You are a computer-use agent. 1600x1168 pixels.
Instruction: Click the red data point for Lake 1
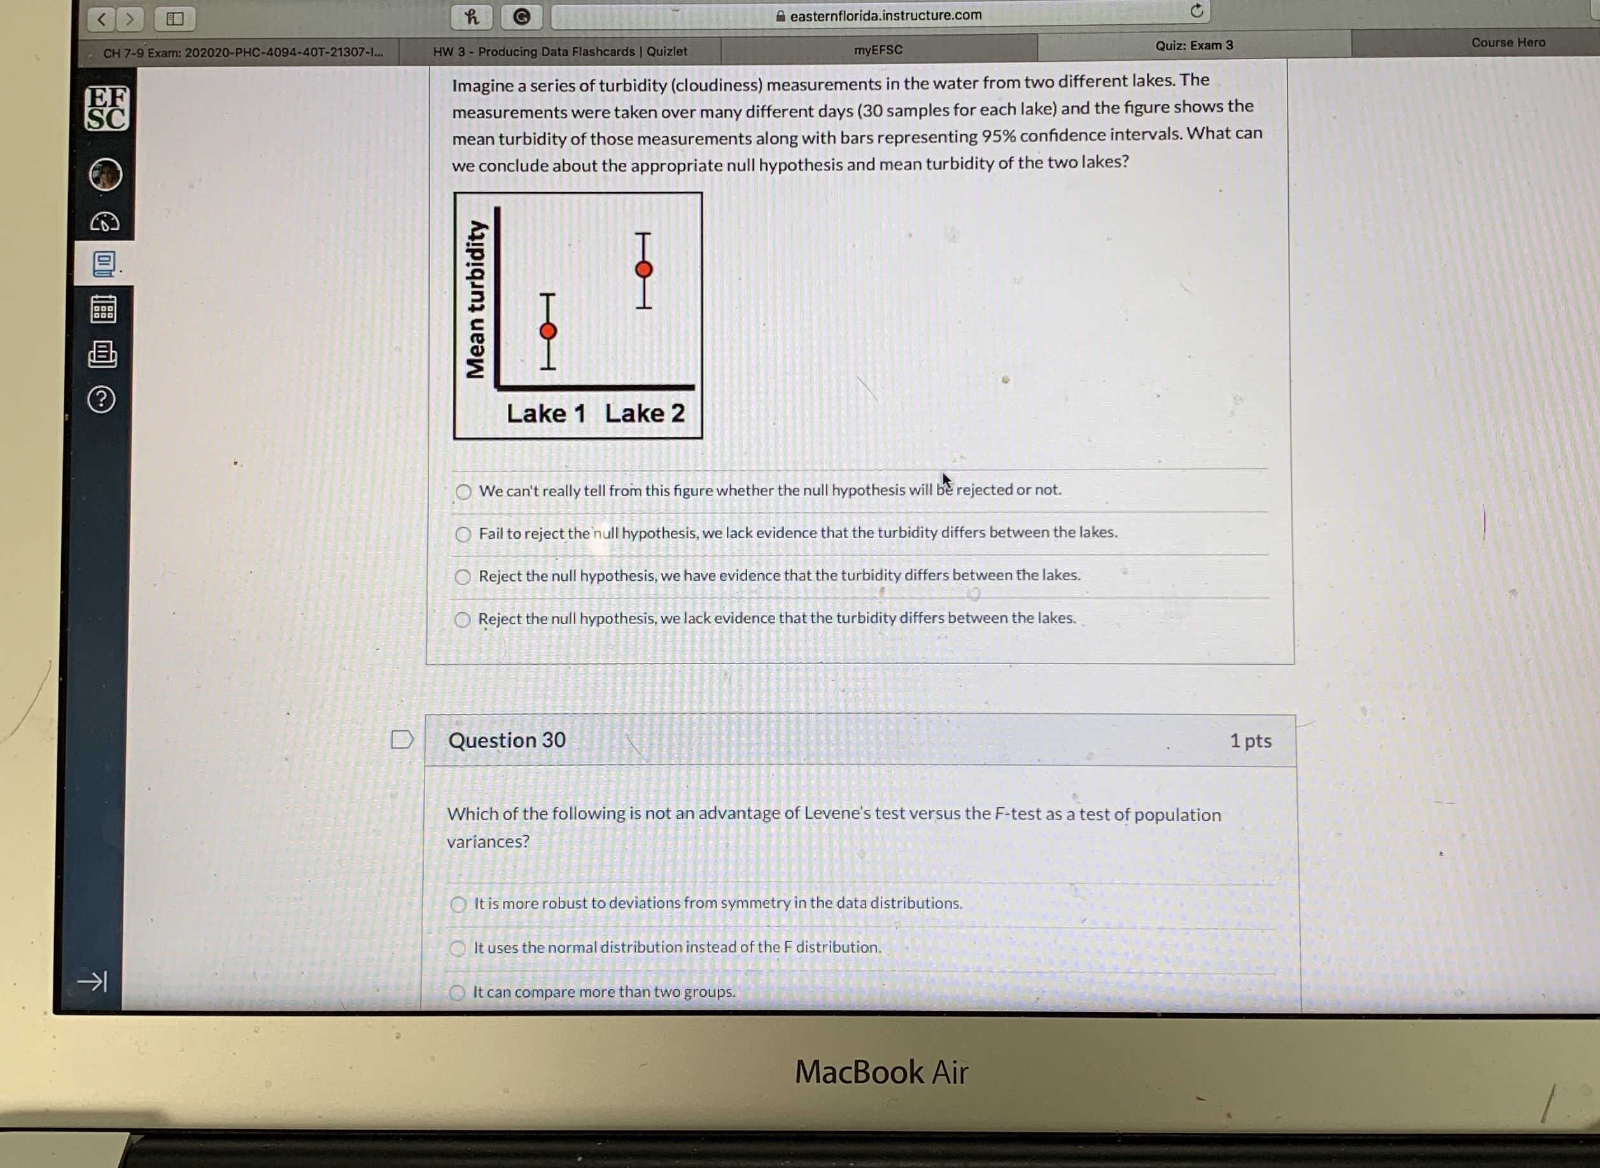(x=548, y=331)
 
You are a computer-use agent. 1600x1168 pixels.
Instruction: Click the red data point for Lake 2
(x=643, y=269)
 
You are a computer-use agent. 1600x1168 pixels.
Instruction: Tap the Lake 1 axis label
(x=546, y=414)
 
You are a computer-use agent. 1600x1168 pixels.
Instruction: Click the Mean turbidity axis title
(x=475, y=299)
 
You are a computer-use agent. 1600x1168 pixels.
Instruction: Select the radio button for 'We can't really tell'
(x=463, y=491)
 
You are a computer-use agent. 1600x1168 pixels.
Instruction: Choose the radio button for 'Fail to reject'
(x=463, y=534)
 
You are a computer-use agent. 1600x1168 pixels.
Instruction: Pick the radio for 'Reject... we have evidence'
(x=463, y=577)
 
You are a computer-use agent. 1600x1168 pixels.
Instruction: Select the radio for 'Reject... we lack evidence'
(x=462, y=620)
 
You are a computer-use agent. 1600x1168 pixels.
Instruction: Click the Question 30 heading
(x=507, y=740)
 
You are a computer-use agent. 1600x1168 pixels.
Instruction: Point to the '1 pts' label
(x=1250, y=741)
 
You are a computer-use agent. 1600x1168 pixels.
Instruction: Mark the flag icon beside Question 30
(x=402, y=740)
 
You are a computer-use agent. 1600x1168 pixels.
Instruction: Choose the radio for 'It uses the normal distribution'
(x=458, y=948)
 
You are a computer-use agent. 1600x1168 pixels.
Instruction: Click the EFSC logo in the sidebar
(x=107, y=108)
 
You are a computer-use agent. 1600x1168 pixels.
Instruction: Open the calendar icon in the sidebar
(x=103, y=309)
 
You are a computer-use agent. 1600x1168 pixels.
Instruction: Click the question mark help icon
(x=102, y=400)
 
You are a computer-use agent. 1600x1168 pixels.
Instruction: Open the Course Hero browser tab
(x=1508, y=43)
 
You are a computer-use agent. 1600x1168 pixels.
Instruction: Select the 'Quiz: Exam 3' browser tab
(x=1194, y=45)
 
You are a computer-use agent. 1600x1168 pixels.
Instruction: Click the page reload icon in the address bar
(x=1196, y=11)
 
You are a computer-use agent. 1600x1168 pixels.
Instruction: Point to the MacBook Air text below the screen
(x=881, y=1072)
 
